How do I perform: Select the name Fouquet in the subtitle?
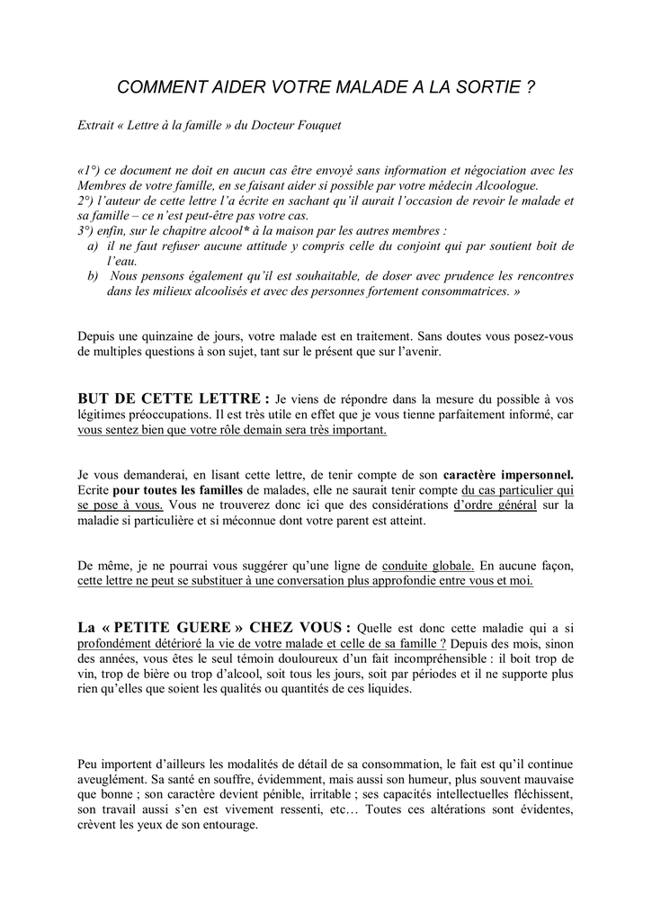(317, 124)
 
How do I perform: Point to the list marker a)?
(94, 246)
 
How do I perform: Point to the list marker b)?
(94, 276)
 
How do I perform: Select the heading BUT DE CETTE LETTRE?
(174, 398)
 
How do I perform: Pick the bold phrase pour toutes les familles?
(178, 490)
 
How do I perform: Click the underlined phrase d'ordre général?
(494, 505)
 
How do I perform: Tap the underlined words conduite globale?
(428, 566)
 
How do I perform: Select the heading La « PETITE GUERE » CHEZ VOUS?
(215, 627)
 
